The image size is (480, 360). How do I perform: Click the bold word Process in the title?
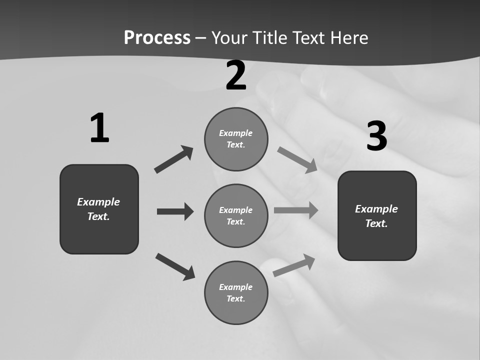[x=157, y=37]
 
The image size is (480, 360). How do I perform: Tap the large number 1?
[x=99, y=128]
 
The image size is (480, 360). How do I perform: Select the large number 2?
[x=236, y=75]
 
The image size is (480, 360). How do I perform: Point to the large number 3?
[x=377, y=136]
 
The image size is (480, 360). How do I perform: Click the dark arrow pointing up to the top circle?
[x=174, y=159]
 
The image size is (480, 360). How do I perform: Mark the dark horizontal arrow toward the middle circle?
[x=175, y=211]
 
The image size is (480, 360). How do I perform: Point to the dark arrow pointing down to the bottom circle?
[x=175, y=266]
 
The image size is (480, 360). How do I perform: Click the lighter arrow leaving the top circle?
[x=297, y=160]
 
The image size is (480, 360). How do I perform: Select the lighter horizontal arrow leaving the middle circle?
[x=296, y=210]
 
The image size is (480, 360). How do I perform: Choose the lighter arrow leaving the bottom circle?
[x=294, y=265]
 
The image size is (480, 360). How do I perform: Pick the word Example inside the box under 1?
[x=98, y=202]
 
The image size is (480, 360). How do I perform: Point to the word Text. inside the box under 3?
[x=376, y=223]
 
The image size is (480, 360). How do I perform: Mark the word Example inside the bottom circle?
[x=236, y=287]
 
